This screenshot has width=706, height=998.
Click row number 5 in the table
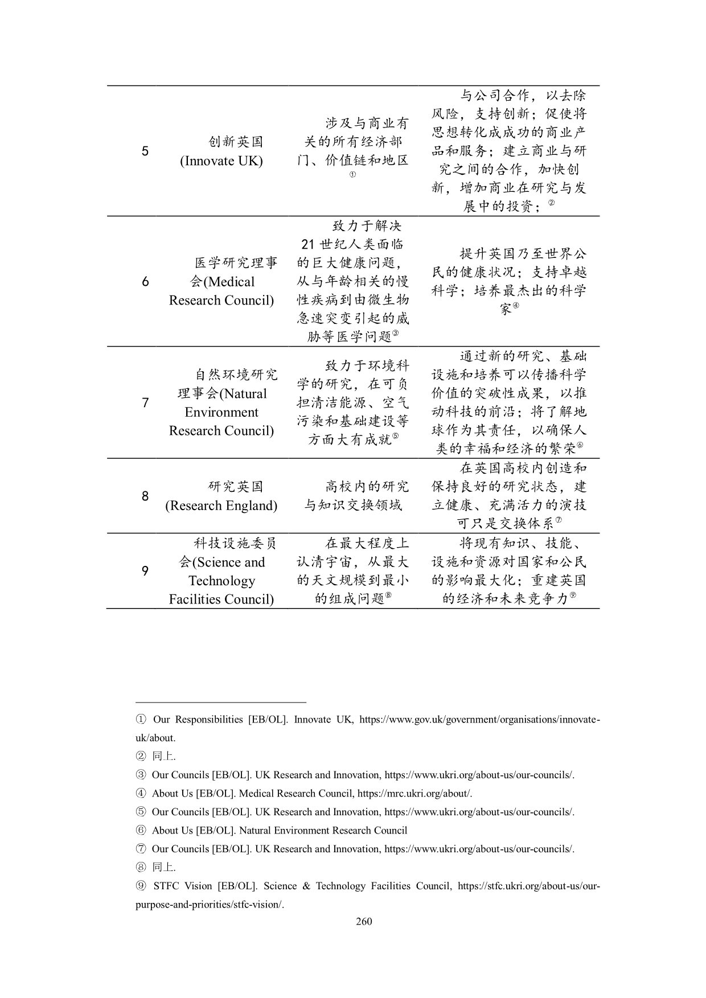pos(145,151)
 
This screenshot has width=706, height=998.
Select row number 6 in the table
pos(145,281)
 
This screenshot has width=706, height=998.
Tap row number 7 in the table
pos(145,403)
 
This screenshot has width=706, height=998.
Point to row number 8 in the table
pos(145,496)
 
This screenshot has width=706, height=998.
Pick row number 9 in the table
pos(145,571)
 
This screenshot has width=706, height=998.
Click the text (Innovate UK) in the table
pos(221,161)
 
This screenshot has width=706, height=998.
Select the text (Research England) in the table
pos(221,506)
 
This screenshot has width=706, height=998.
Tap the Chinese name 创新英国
pos(236,142)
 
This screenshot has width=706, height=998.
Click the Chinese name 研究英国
pos(236,487)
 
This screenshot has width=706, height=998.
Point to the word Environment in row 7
pos(221,412)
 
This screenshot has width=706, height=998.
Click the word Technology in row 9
pos(221,581)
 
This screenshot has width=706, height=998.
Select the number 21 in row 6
pos(307,244)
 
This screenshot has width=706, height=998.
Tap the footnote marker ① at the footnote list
pos(141,720)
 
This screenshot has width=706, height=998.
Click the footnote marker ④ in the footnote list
pos(141,794)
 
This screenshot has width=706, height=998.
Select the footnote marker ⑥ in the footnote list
pos(141,831)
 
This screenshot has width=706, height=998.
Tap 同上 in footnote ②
pos(163,757)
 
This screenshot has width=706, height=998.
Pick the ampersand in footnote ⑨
pos(306,886)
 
